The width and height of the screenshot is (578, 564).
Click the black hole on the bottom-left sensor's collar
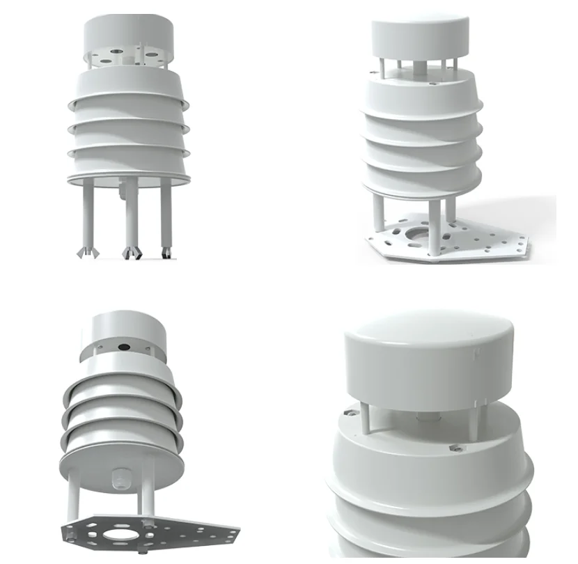[125, 345]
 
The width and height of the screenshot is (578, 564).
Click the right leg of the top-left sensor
[166, 212]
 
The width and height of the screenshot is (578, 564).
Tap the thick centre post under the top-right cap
[417, 69]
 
